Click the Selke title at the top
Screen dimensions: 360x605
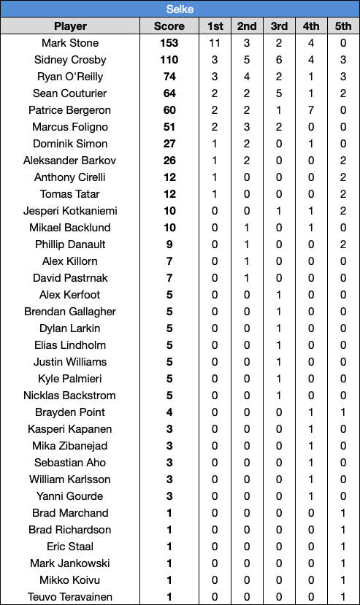tap(180, 9)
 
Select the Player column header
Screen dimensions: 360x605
tap(70, 26)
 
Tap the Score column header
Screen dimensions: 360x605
tap(169, 26)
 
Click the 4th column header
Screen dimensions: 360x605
tap(311, 26)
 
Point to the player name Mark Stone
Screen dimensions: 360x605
tap(70, 43)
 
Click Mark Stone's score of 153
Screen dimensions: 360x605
tap(169, 43)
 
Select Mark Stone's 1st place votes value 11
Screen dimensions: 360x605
tap(215, 43)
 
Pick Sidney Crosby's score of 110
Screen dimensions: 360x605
tap(169, 60)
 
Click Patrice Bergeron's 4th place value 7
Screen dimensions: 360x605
tap(311, 110)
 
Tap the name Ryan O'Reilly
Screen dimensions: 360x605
tap(70, 77)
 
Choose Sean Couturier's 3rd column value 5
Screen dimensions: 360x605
tap(279, 93)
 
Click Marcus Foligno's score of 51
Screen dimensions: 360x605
tap(169, 127)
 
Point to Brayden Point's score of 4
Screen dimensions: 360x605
tap(169, 412)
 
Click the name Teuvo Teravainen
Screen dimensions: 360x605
tap(70, 597)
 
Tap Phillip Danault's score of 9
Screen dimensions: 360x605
tap(169, 244)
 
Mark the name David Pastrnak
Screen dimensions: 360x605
tap(70, 278)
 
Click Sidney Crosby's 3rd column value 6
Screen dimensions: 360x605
tap(279, 60)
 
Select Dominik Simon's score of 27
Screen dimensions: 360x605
tap(169, 144)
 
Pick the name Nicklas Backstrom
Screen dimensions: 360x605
tap(70, 396)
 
